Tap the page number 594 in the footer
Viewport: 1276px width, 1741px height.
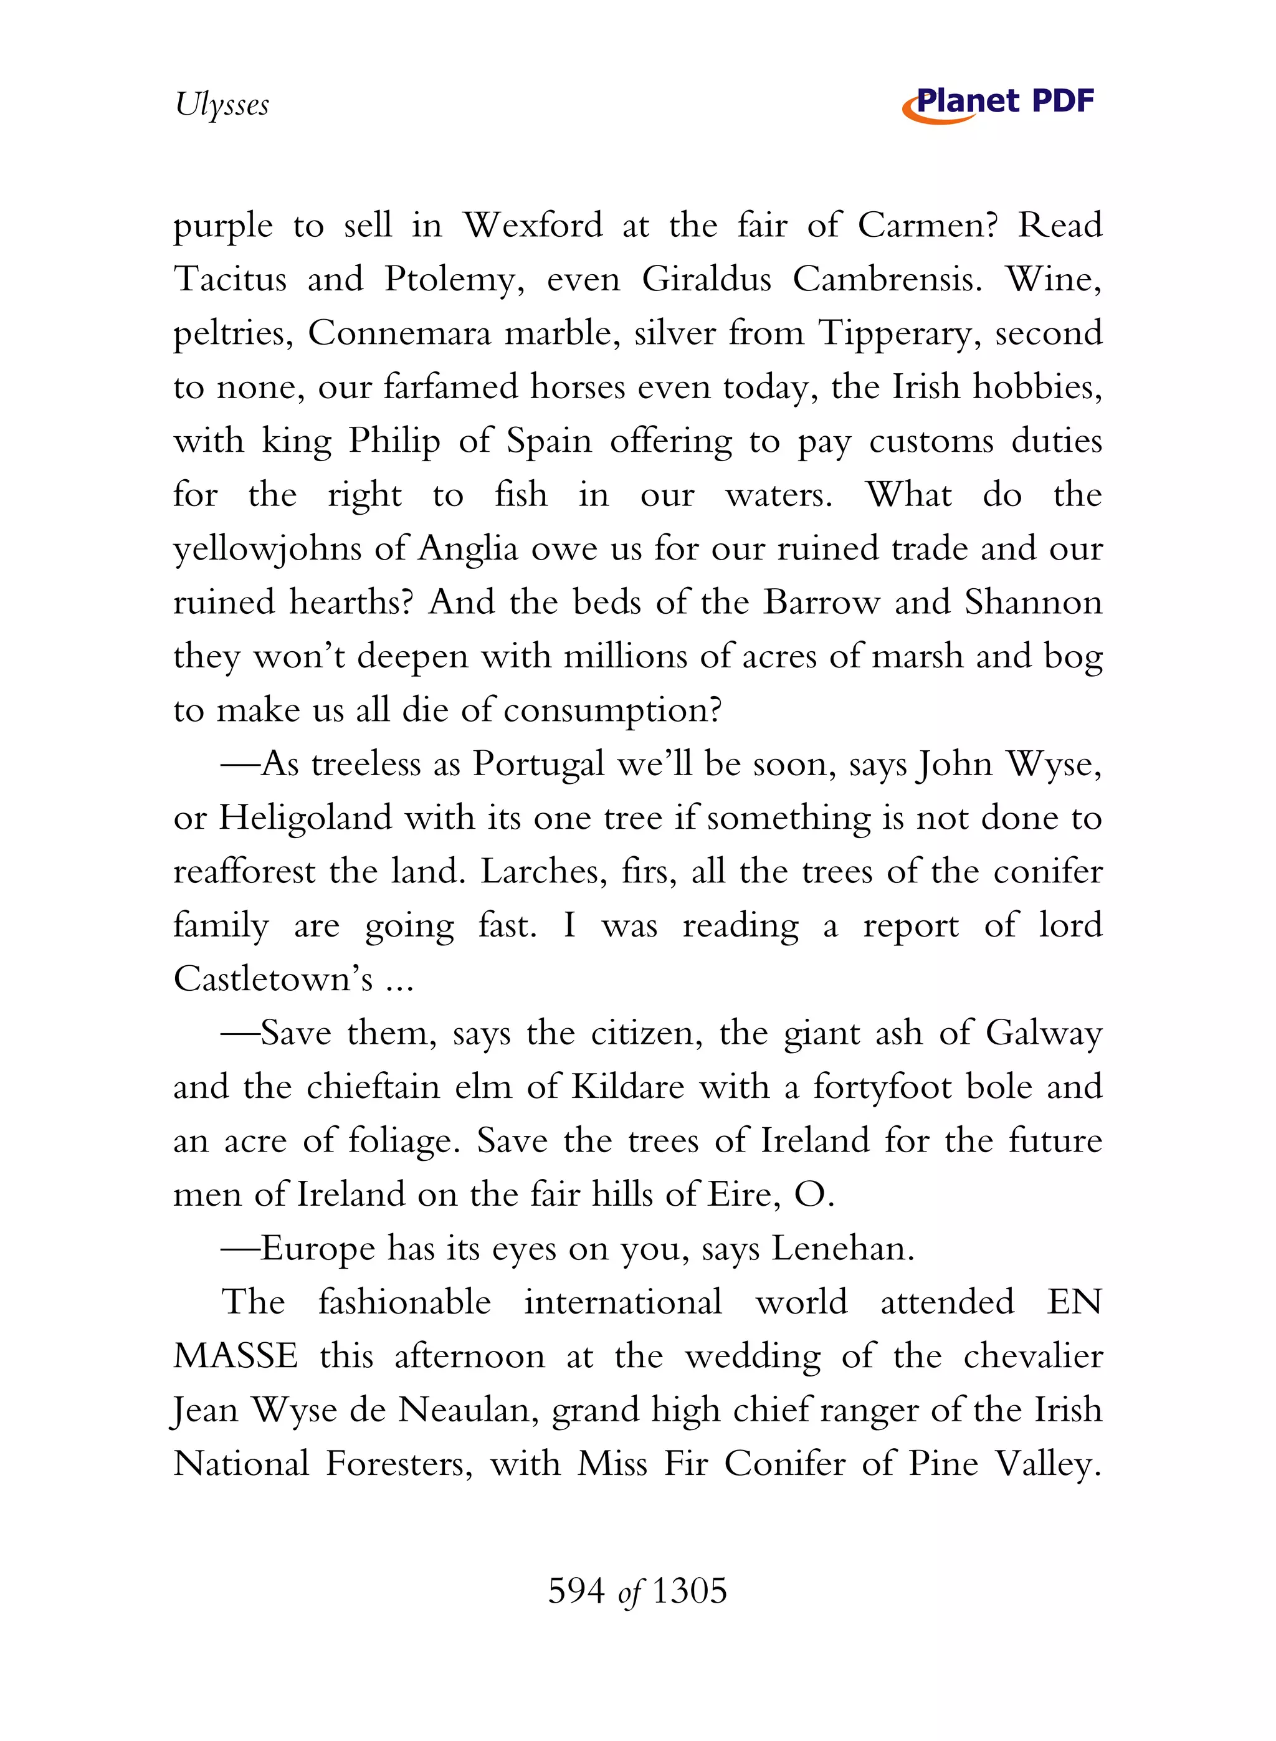coord(576,1591)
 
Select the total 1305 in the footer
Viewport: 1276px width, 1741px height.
coord(690,1591)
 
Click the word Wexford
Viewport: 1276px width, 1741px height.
coord(532,226)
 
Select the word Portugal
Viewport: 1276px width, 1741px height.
coord(538,764)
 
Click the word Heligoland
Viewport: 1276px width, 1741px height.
coord(306,818)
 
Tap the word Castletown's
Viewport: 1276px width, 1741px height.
coord(274,980)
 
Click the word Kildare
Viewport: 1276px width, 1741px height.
coord(628,1087)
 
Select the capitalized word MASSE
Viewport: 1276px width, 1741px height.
coord(236,1357)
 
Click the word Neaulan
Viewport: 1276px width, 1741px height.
coord(467,1410)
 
